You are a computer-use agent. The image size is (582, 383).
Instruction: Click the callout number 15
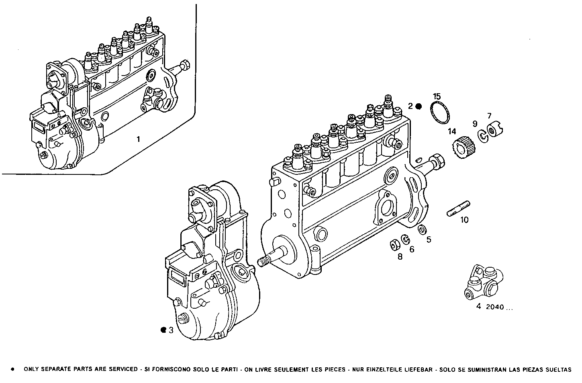(x=437, y=96)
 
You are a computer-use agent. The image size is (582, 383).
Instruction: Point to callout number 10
(x=464, y=220)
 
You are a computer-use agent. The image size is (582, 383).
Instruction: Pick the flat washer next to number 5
(x=422, y=229)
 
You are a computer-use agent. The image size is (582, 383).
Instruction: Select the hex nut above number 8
(x=394, y=244)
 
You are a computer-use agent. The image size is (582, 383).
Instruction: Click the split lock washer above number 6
(x=406, y=240)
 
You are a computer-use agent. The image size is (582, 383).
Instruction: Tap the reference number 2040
(x=495, y=307)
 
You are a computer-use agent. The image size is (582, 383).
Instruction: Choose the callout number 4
(x=478, y=307)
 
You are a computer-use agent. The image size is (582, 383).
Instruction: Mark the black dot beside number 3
(x=163, y=330)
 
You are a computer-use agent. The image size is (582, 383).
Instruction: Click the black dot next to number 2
(x=419, y=107)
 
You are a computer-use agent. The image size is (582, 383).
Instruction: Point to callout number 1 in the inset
(x=138, y=139)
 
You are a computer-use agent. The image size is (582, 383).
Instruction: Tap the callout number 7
(x=489, y=116)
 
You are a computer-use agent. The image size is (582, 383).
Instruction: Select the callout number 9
(x=474, y=124)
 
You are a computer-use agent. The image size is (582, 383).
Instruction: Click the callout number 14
(x=452, y=131)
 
